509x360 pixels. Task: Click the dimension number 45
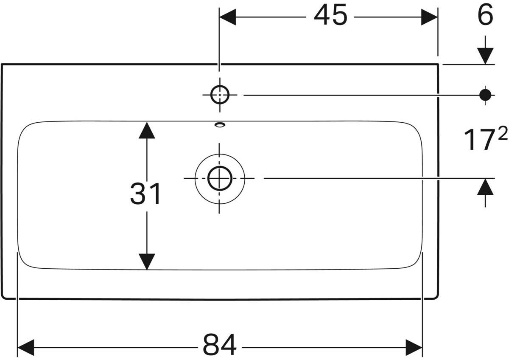pos(330,17)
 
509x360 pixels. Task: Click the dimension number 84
pos(219,345)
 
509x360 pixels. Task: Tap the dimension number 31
pos(146,194)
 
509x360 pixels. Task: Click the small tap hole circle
pos(220,95)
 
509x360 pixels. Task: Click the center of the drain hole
pos(220,178)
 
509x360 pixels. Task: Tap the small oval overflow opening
pos(220,124)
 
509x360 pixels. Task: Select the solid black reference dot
pos(485,95)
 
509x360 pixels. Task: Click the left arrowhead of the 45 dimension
pos(227,17)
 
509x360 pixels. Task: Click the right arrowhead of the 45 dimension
pos(429,17)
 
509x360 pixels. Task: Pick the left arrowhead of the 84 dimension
pos(26,347)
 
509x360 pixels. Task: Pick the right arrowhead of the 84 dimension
pos(414,347)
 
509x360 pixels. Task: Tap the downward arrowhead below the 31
pos(147,261)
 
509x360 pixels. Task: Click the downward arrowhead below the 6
pos(485,56)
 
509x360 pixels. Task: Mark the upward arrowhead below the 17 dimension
pos(485,186)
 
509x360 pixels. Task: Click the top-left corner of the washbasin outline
pos(2,65)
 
